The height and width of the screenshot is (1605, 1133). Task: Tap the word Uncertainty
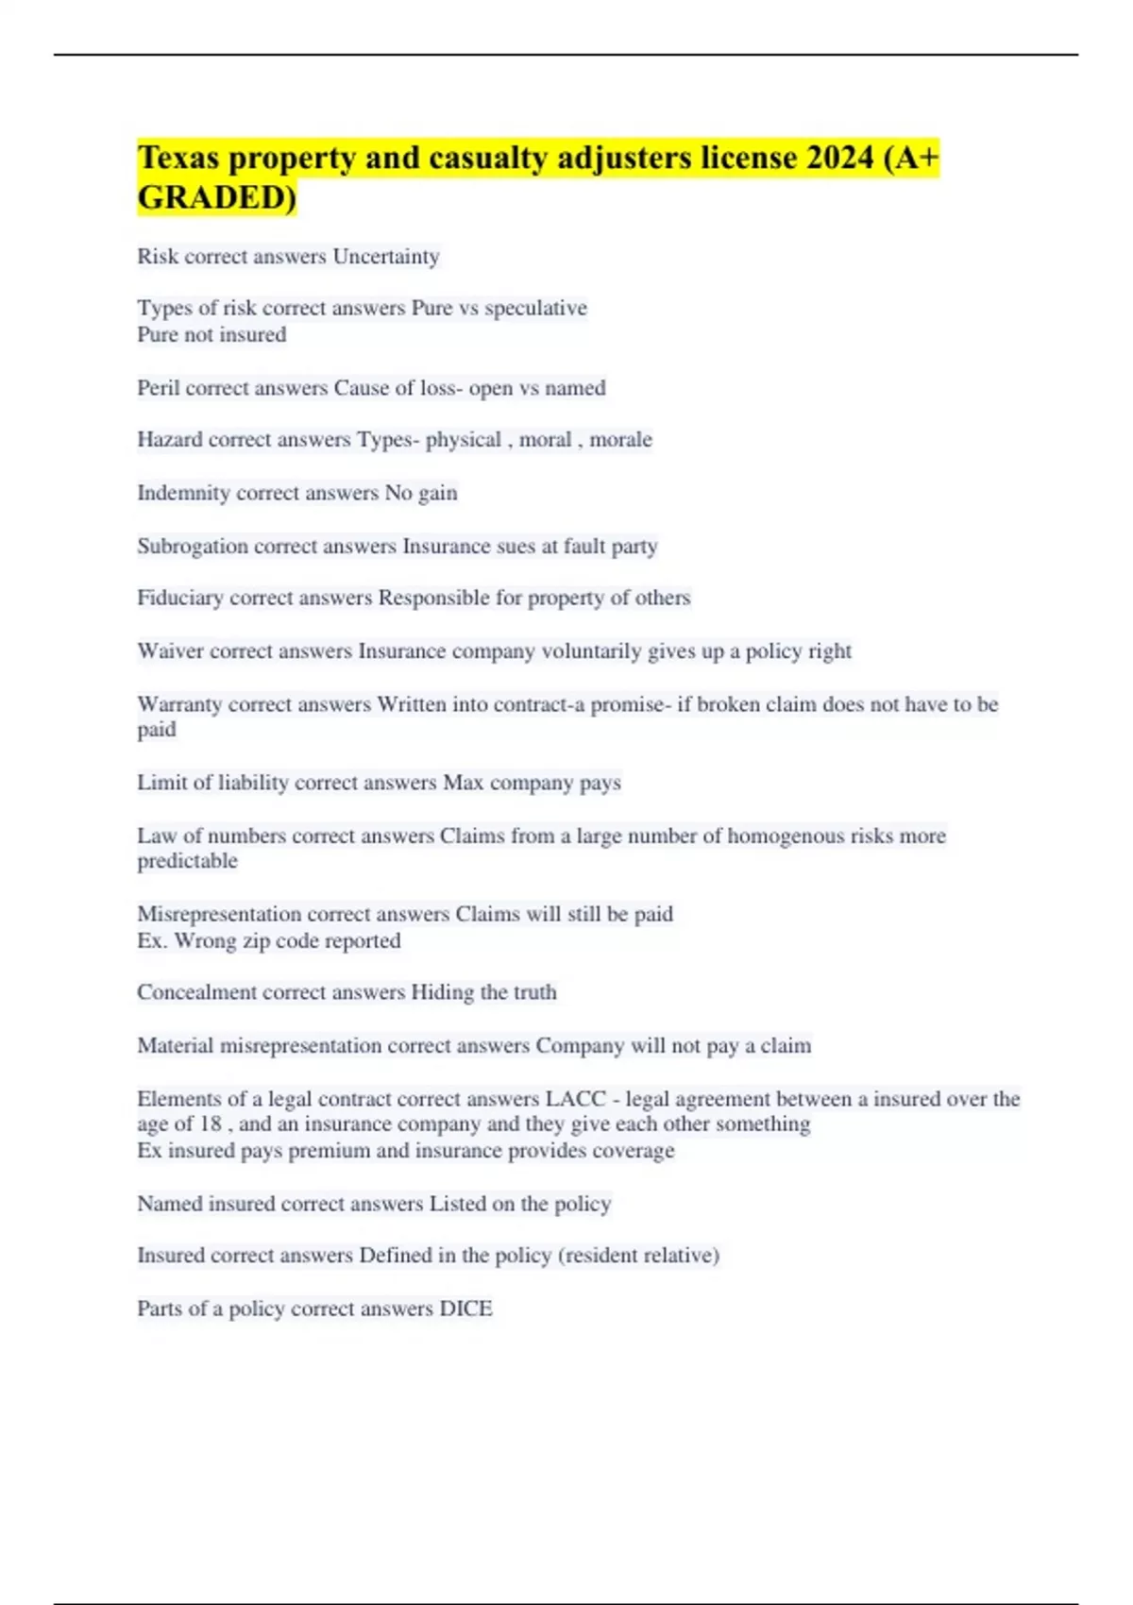pyautogui.click(x=386, y=257)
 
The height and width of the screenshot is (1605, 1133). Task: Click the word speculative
pyautogui.click(x=535, y=308)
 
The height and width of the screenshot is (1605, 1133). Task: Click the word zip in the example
pyautogui.click(x=259, y=941)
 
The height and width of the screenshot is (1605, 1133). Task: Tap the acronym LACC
pyautogui.click(x=576, y=1099)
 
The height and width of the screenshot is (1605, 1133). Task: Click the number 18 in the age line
pyautogui.click(x=211, y=1123)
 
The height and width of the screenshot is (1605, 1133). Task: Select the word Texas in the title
pyautogui.click(x=178, y=158)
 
